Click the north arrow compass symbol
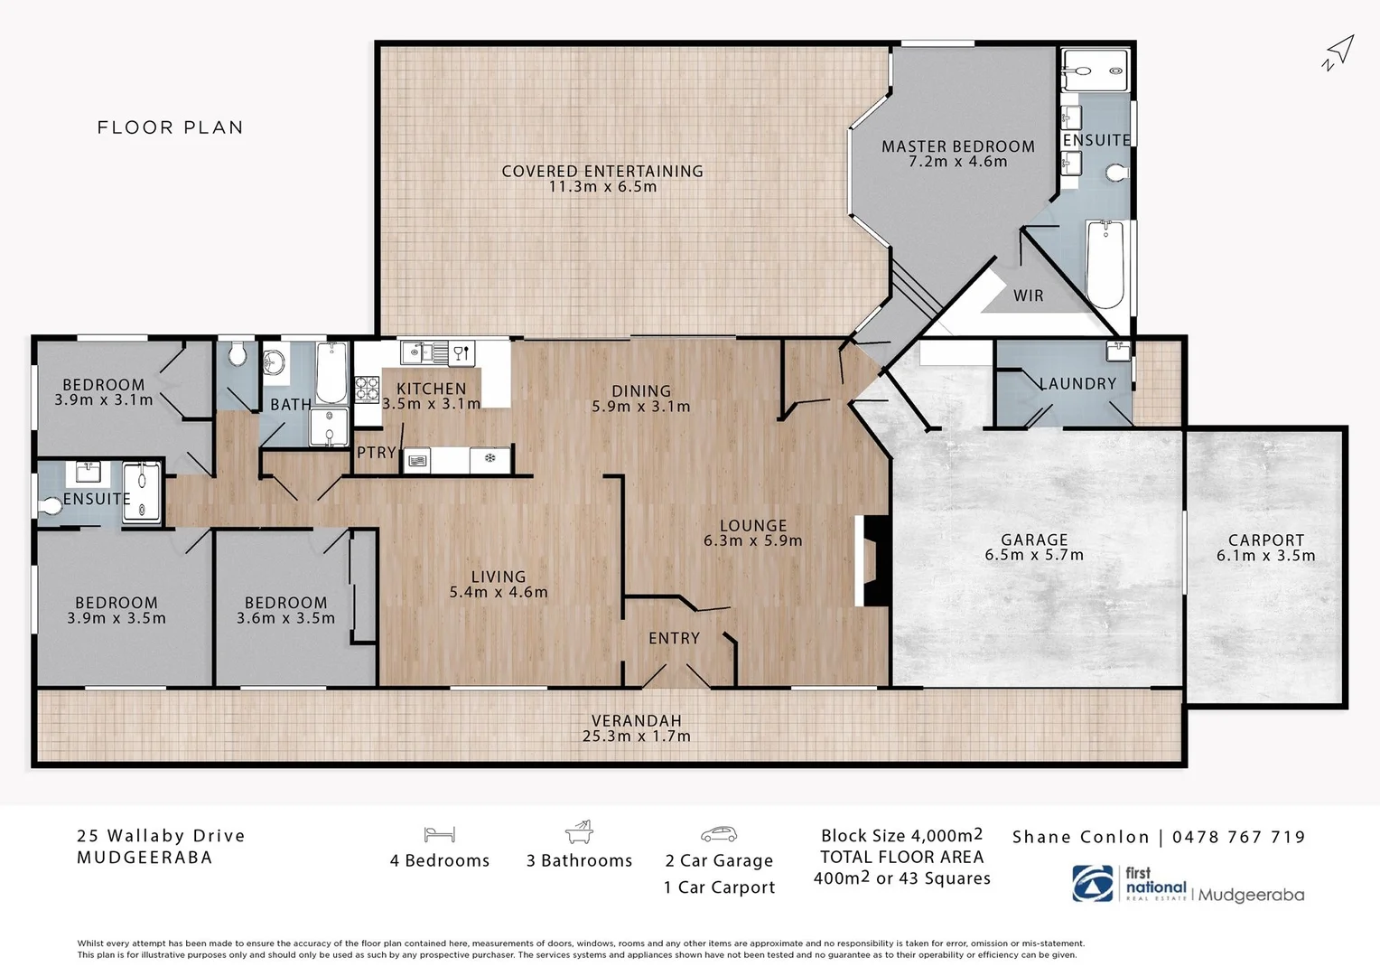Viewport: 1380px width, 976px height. [x=1338, y=52]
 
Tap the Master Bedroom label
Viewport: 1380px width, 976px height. [x=957, y=146]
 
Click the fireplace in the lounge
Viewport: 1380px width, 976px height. [x=874, y=560]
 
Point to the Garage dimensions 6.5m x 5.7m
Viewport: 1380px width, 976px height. [x=1034, y=555]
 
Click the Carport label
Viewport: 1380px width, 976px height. [x=1265, y=540]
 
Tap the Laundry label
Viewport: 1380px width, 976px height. [x=1077, y=383]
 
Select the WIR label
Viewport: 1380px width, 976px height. [x=1028, y=296]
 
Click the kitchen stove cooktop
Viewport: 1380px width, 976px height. [x=366, y=389]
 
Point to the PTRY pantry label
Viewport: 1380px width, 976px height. [x=376, y=452]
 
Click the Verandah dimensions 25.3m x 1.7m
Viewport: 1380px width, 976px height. [x=636, y=736]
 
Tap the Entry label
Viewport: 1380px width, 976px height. [x=674, y=638]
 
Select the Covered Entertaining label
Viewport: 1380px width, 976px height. [x=601, y=171]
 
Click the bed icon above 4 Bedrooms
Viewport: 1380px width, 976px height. [x=439, y=834]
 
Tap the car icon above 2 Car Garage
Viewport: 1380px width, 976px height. [x=718, y=834]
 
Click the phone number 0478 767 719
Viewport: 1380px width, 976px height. [x=1238, y=837]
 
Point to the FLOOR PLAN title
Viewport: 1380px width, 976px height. [x=170, y=127]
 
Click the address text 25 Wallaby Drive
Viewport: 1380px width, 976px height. [x=161, y=836]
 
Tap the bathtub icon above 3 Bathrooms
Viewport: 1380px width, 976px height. [x=579, y=831]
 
